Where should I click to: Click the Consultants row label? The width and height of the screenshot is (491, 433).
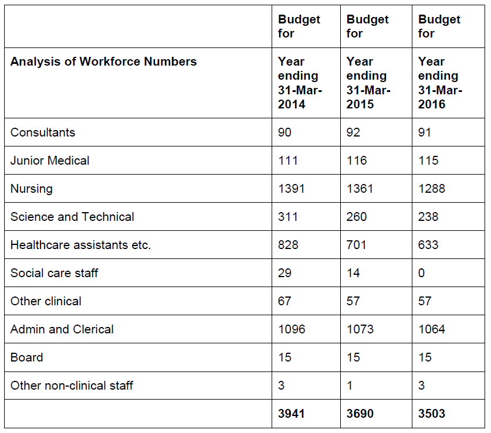[x=43, y=132]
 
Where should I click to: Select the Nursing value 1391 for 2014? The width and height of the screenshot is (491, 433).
[x=291, y=189]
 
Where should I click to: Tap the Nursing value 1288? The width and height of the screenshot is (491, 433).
[x=432, y=189]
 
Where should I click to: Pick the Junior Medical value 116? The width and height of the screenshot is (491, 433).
[x=356, y=161]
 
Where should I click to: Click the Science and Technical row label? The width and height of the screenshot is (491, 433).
[x=72, y=217]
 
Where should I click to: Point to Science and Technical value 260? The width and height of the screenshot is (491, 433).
[x=356, y=217]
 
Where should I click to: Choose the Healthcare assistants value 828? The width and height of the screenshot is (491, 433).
[x=288, y=245]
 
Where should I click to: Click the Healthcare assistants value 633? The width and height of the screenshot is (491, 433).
[x=428, y=245]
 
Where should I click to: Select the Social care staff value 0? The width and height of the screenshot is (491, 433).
[x=421, y=273]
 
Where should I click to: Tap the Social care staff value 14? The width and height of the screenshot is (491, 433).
[x=353, y=273]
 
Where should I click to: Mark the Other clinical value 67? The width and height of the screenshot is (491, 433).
[x=285, y=301]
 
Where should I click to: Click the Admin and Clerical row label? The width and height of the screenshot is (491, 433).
[x=62, y=329]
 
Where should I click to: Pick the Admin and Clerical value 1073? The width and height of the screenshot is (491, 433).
[x=360, y=329]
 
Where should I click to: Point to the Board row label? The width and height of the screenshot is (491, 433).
[x=26, y=357]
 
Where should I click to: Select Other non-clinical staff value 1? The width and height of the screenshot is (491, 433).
[x=350, y=386]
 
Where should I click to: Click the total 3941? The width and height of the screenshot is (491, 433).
[x=291, y=414]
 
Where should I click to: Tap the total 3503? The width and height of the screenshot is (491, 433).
[x=432, y=414]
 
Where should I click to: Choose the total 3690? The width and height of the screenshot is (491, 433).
[x=360, y=414]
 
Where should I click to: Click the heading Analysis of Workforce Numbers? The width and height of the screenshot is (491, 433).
[x=104, y=62]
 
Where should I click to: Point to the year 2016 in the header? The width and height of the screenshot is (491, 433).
[x=432, y=104]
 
